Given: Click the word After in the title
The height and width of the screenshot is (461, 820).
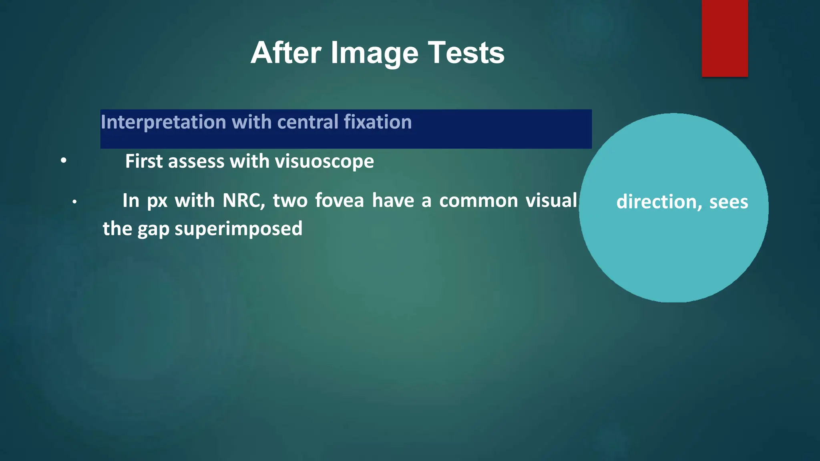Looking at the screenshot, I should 286,53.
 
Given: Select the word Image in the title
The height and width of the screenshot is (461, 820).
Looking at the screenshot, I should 375,53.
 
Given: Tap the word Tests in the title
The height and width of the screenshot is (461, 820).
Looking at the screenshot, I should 466,53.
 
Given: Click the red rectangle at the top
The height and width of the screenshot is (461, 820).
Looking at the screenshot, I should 724,38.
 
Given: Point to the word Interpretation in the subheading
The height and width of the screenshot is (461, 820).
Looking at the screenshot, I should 163,122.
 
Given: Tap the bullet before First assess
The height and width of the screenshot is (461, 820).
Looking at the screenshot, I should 64,161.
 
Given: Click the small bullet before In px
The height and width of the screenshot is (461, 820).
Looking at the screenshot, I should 74,202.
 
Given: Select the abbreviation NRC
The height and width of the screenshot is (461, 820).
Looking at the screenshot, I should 243,200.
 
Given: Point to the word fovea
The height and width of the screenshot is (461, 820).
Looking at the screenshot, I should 339,200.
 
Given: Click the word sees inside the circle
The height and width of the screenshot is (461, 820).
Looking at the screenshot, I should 728,202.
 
